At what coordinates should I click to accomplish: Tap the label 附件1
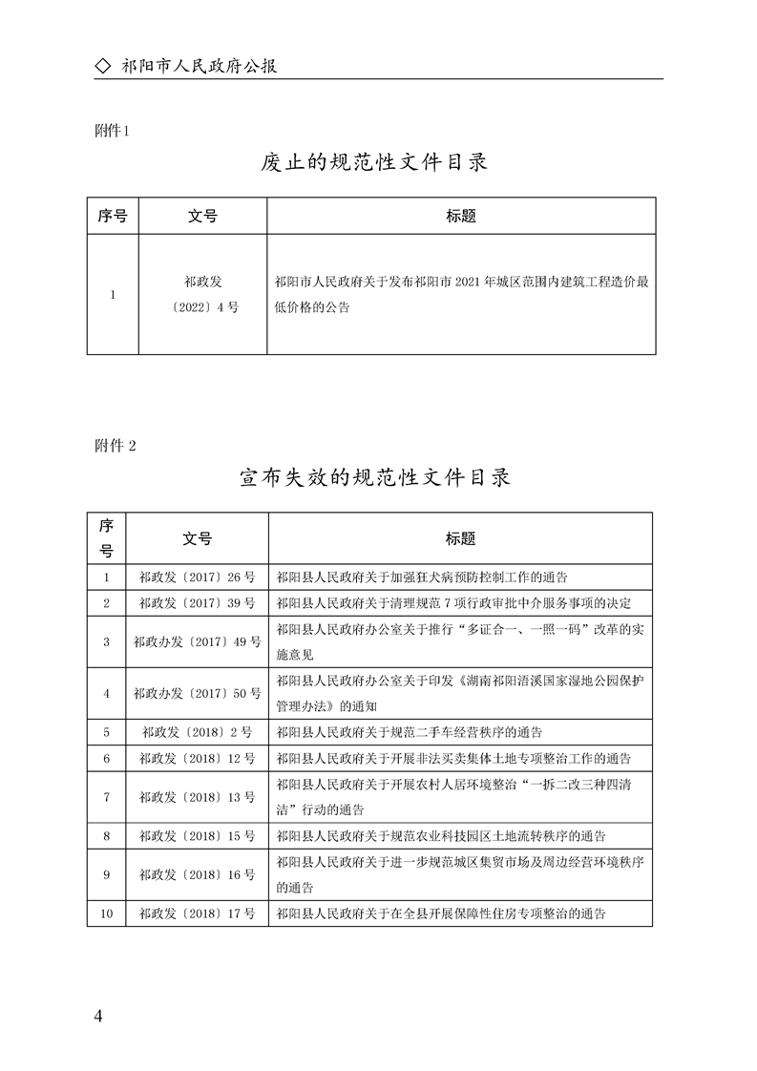[x=113, y=131]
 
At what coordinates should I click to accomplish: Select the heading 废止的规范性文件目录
[x=374, y=162]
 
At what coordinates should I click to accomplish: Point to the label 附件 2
[x=116, y=445]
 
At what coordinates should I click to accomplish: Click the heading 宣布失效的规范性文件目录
[x=374, y=476]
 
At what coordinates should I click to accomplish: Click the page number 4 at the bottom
[x=98, y=1015]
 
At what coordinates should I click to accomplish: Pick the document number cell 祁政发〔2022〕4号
[x=202, y=294]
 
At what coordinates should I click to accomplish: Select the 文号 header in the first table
[x=202, y=216]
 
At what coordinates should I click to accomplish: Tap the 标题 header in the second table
[x=460, y=538]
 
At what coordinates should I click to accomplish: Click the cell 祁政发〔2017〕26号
[x=197, y=577]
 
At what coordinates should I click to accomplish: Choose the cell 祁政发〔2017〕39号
[x=197, y=603]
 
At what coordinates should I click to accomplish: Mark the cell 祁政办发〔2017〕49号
[x=197, y=641]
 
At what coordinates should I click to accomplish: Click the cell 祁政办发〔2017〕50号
[x=197, y=693]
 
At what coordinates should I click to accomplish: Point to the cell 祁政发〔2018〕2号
[x=197, y=732]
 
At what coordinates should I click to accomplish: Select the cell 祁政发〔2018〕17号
[x=197, y=913]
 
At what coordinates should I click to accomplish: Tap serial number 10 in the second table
[x=106, y=913]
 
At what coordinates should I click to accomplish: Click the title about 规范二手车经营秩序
[x=409, y=732]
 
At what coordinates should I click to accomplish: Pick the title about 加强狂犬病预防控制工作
[x=421, y=577]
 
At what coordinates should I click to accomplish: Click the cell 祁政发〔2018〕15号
[x=197, y=835]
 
